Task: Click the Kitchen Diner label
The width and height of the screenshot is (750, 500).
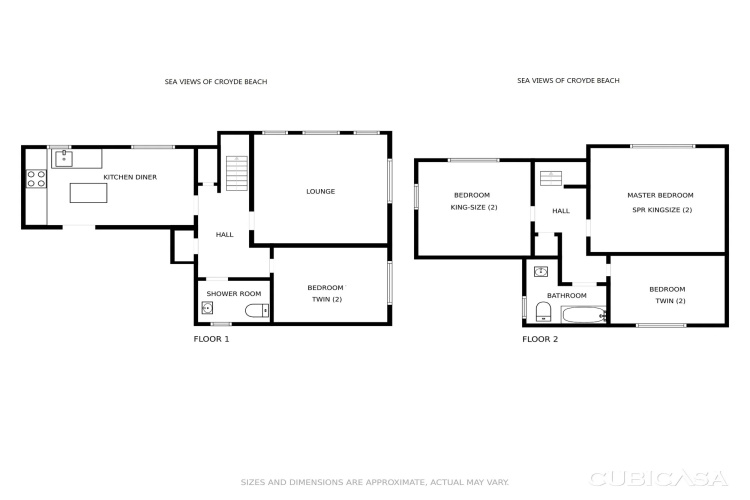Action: coord(130,177)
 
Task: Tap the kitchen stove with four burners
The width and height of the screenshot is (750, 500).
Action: coord(36,178)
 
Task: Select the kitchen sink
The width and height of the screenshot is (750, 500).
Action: coord(64,158)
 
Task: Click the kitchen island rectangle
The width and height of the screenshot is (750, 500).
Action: coord(88,193)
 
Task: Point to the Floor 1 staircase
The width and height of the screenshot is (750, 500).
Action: coord(237,173)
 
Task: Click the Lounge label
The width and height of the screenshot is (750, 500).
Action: coord(320,191)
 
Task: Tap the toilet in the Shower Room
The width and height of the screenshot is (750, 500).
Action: coord(257,311)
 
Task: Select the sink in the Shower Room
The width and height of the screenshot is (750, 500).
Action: coord(207,308)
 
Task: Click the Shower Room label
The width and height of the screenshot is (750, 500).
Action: coord(234,294)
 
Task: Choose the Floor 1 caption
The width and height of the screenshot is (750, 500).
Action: coord(211,339)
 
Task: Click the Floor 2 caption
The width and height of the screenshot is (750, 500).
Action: coord(540,339)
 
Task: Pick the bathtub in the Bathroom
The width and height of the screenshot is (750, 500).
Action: coord(584,315)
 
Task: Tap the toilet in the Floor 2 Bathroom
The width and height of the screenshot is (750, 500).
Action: coord(543,311)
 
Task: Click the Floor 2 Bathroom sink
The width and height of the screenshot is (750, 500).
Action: coord(541,272)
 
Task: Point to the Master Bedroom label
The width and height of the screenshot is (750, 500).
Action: coord(660,195)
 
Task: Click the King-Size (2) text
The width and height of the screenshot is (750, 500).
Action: coord(474,207)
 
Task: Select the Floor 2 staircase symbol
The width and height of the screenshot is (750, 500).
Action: coord(551,178)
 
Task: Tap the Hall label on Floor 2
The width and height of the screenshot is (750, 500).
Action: coord(561,211)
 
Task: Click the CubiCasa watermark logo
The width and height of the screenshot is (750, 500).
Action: coord(659,478)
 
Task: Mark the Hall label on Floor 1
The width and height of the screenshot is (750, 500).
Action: coord(224,234)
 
